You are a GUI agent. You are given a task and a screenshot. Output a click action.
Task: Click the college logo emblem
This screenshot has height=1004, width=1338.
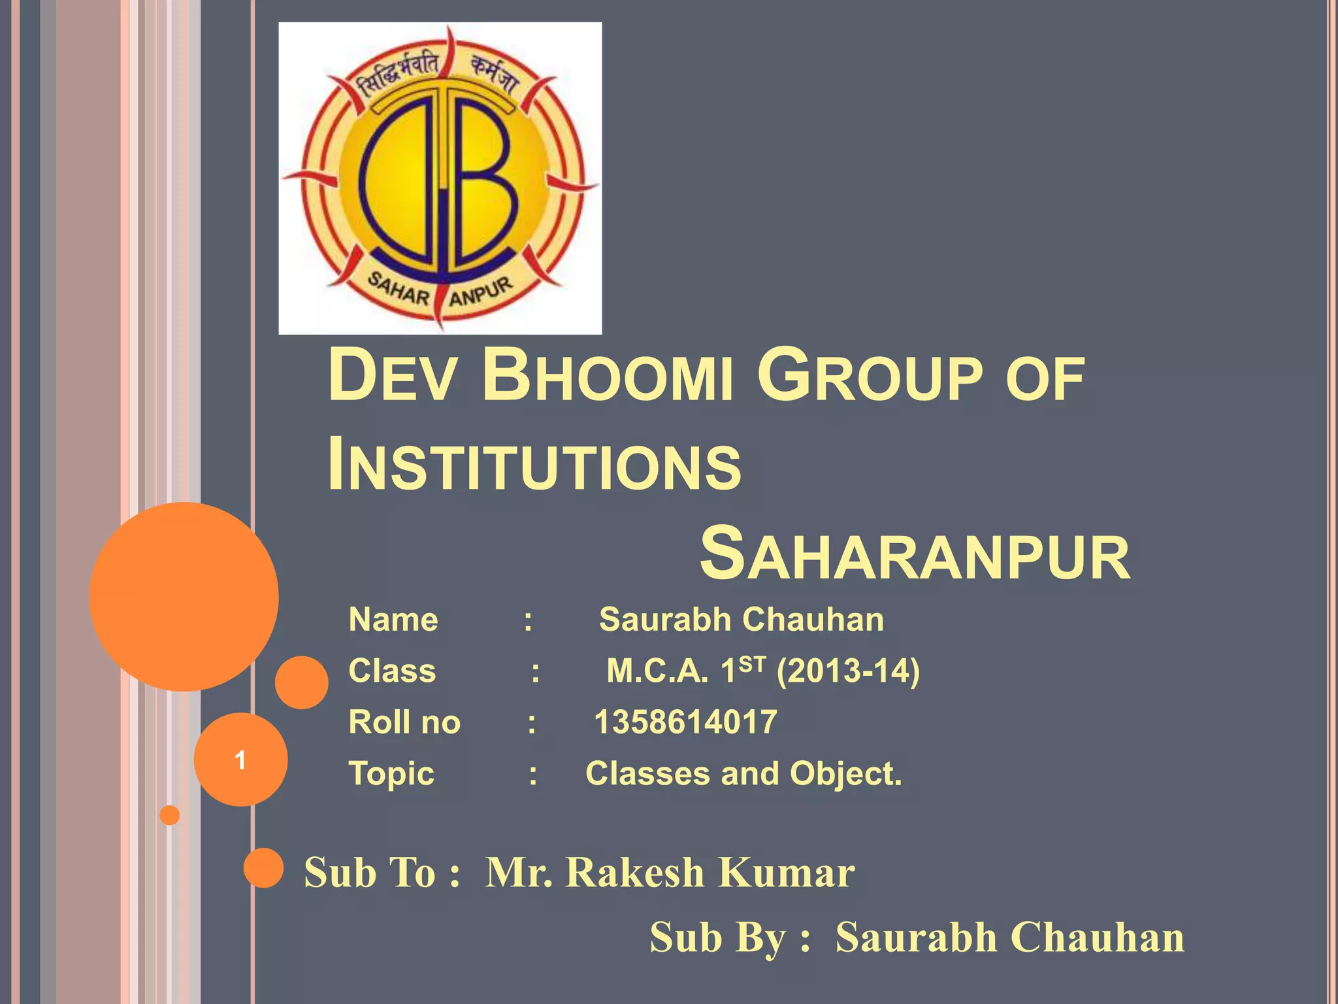440,178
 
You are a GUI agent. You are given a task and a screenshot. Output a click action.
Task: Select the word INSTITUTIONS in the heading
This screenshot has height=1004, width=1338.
534,465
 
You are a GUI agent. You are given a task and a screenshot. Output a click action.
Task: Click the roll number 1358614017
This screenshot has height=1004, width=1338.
685,722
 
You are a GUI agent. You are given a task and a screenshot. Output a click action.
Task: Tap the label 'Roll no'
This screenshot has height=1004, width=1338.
404,722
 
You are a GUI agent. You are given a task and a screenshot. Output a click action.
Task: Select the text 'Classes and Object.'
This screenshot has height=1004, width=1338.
743,774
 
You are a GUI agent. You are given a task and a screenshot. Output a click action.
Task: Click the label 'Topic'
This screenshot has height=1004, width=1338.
391,774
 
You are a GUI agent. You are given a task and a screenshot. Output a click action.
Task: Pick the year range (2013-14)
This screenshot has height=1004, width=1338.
848,671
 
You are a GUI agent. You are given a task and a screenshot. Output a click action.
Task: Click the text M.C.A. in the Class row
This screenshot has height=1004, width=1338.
657,671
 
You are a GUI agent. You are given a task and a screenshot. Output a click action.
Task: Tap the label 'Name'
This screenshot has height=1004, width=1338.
393,620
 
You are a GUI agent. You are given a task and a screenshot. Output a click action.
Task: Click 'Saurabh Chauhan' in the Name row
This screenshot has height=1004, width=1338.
742,620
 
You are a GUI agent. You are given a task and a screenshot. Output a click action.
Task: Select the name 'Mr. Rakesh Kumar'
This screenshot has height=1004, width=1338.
670,873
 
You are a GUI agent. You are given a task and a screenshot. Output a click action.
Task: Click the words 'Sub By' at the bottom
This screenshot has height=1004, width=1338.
717,938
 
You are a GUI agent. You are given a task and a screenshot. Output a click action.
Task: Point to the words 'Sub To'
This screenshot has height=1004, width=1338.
370,873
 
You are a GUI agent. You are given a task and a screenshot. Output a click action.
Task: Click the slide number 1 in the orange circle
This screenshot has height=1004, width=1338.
240,760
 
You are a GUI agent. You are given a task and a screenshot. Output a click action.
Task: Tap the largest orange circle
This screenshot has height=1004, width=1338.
184,596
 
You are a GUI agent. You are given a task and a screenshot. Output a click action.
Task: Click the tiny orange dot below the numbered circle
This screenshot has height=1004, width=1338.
170,815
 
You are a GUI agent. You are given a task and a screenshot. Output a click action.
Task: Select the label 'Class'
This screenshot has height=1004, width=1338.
392,671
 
